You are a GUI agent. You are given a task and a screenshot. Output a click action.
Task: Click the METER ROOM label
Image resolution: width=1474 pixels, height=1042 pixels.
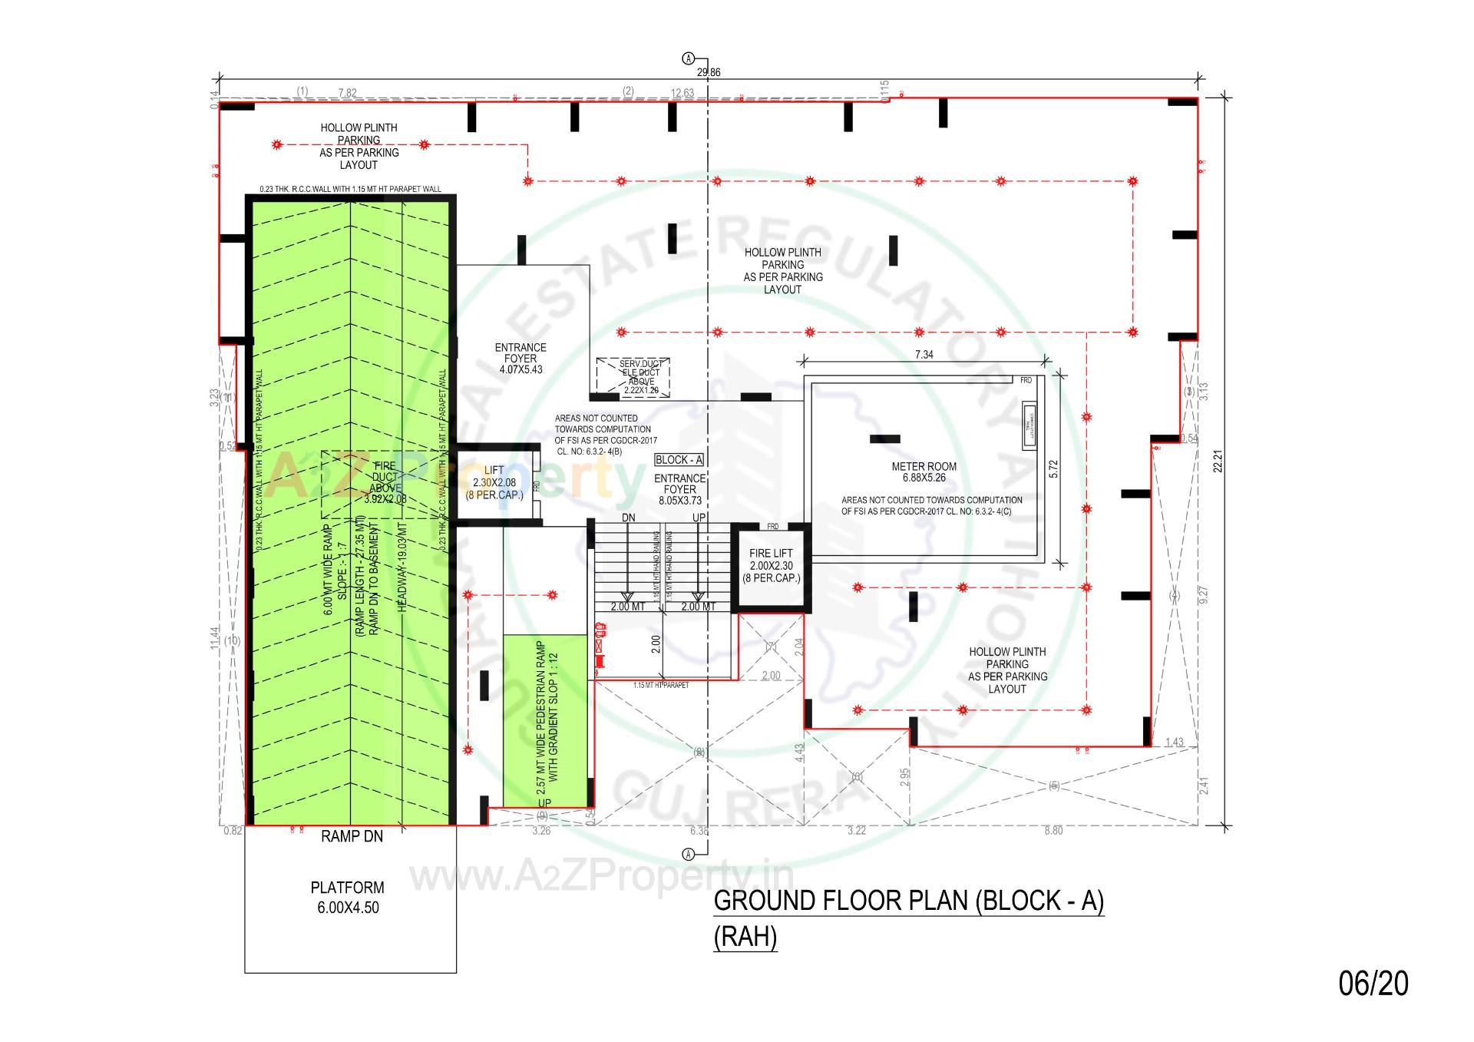pyautogui.click(x=924, y=467)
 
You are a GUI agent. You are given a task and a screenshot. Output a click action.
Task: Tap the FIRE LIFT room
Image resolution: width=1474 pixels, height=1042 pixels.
pyautogui.click(x=771, y=566)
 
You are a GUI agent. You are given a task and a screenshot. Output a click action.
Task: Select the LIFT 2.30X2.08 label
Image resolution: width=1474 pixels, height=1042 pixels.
pyautogui.click(x=494, y=482)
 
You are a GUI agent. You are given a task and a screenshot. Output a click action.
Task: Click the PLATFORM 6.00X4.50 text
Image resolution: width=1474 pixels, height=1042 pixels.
pyautogui.click(x=348, y=897)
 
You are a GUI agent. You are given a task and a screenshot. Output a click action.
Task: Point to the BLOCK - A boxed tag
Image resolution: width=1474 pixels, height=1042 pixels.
pyautogui.click(x=679, y=460)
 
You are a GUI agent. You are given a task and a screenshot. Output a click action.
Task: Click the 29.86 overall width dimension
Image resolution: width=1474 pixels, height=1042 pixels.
pyautogui.click(x=708, y=73)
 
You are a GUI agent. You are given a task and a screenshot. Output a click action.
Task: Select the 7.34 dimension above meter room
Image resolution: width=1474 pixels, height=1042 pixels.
pyautogui.click(x=924, y=355)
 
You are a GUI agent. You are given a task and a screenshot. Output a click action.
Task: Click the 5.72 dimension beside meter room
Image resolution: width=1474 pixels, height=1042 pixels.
pyautogui.click(x=1053, y=469)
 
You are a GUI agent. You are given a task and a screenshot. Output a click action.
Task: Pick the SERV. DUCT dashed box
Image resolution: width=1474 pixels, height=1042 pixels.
pyautogui.click(x=633, y=376)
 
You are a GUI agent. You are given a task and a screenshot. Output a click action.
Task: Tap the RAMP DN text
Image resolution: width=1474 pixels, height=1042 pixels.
pyautogui.click(x=352, y=837)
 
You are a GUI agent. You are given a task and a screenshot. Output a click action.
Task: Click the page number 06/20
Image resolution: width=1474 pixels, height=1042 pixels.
pyautogui.click(x=1373, y=984)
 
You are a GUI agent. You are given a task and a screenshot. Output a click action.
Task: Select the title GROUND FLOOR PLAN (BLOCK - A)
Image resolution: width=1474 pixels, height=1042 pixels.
pyautogui.click(x=908, y=901)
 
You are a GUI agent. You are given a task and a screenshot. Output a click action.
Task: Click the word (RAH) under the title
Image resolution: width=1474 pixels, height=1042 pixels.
pyautogui.click(x=745, y=938)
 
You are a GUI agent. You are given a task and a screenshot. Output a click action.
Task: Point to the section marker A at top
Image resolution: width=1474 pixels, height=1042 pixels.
pyautogui.click(x=689, y=58)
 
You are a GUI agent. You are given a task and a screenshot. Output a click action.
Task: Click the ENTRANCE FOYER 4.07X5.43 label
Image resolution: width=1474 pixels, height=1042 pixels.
pyautogui.click(x=521, y=359)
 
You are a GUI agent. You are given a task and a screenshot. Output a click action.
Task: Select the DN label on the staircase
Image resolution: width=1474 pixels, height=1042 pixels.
pyautogui.click(x=628, y=518)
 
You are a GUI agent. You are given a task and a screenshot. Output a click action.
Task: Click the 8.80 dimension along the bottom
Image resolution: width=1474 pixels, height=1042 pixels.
pyautogui.click(x=1053, y=831)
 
